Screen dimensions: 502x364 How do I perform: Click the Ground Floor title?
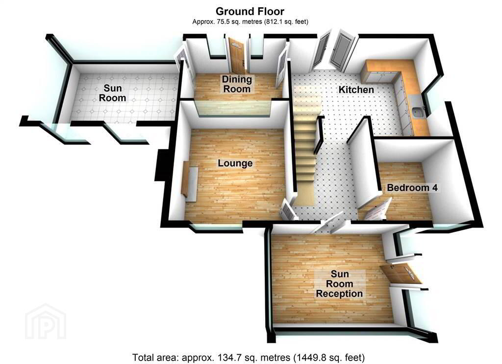[x=250, y=11]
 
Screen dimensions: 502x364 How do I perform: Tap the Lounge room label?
[x=235, y=163]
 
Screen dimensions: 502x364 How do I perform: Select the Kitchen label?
[x=356, y=90]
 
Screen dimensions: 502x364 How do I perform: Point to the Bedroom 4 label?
[x=412, y=187]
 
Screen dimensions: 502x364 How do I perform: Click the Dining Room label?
[x=237, y=84]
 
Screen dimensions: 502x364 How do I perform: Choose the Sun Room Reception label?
[x=339, y=284]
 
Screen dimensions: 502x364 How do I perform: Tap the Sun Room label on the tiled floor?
[x=112, y=92]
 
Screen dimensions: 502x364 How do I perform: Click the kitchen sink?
[x=418, y=113]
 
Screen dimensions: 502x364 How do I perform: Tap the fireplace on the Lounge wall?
[x=189, y=181]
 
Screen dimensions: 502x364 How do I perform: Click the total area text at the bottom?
[x=249, y=357]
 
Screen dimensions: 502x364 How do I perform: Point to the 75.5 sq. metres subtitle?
[x=250, y=22]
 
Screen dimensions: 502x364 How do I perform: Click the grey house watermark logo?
[x=46, y=321]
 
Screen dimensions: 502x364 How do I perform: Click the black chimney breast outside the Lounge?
[x=160, y=165]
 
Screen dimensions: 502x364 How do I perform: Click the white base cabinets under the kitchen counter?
[x=402, y=106]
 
